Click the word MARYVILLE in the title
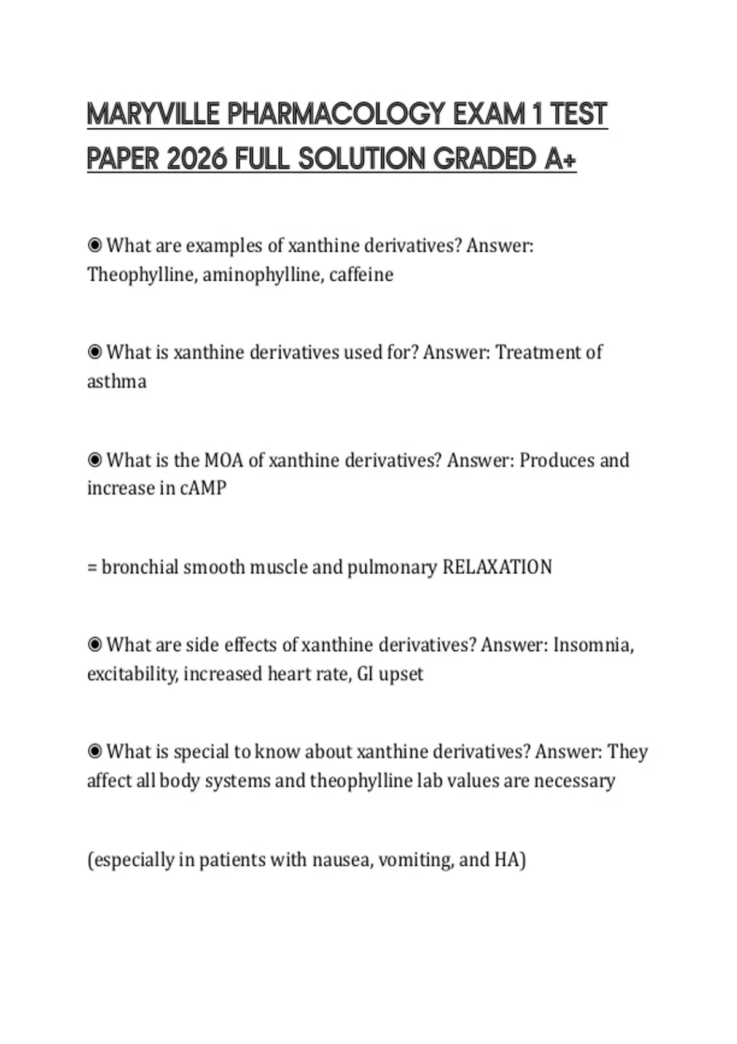coord(153,115)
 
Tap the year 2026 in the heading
coord(197,160)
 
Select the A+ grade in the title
coord(560,160)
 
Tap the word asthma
coord(117,382)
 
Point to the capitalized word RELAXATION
coord(497,567)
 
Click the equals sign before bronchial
coord(92,567)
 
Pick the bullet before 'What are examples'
coord(95,246)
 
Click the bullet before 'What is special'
coord(95,751)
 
